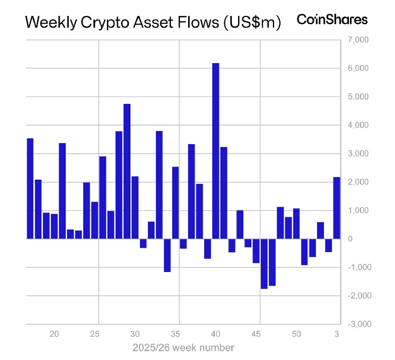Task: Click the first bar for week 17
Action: pyautogui.click(x=30, y=188)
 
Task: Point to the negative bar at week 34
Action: pyautogui.click(x=167, y=255)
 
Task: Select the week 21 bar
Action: pyautogui.click(x=62, y=191)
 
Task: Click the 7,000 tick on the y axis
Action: pyautogui.click(x=357, y=40)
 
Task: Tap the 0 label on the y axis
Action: pyautogui.click(x=350, y=239)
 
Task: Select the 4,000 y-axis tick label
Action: pyautogui.click(x=357, y=125)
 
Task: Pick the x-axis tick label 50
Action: pyautogui.click(x=296, y=335)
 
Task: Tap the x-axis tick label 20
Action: pyautogui.click(x=54, y=335)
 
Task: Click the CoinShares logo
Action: pyautogui.click(x=332, y=20)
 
